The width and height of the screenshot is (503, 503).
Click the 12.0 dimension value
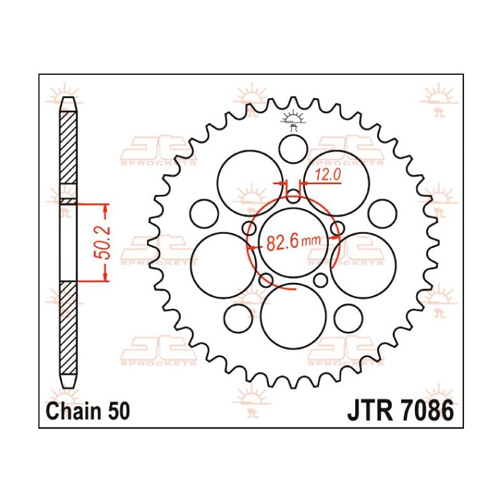click(327, 175)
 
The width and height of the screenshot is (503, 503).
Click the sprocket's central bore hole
click(293, 242)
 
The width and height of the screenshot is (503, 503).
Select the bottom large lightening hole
click(293, 316)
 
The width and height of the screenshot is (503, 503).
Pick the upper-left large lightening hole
click(250, 183)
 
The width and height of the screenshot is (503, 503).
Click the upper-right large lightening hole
click(336, 183)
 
